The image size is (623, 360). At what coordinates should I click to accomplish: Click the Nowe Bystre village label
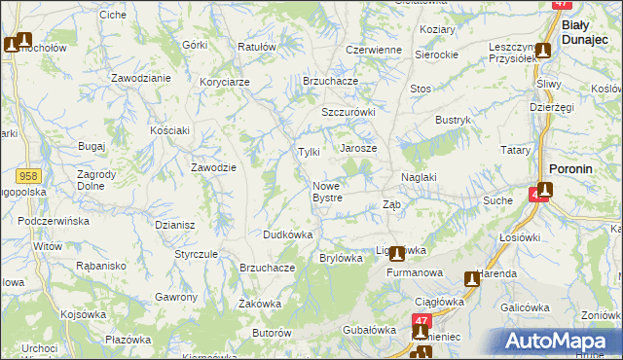coord(327,192)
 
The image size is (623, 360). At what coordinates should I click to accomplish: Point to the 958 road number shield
coord(28,175)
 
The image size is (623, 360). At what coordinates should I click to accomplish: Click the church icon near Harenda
coord(472,279)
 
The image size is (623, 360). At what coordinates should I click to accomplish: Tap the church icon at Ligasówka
coord(397,254)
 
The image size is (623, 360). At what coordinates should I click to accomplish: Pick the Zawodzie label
coord(214,167)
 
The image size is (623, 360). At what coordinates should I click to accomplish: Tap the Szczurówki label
coord(348,112)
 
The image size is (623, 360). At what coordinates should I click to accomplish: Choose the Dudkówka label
coord(287,234)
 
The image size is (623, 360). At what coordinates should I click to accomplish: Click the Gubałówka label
coord(367,330)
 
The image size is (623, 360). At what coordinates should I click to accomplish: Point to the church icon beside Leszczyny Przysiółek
coord(543,51)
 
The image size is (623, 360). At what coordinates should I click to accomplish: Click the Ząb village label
coord(391,204)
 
